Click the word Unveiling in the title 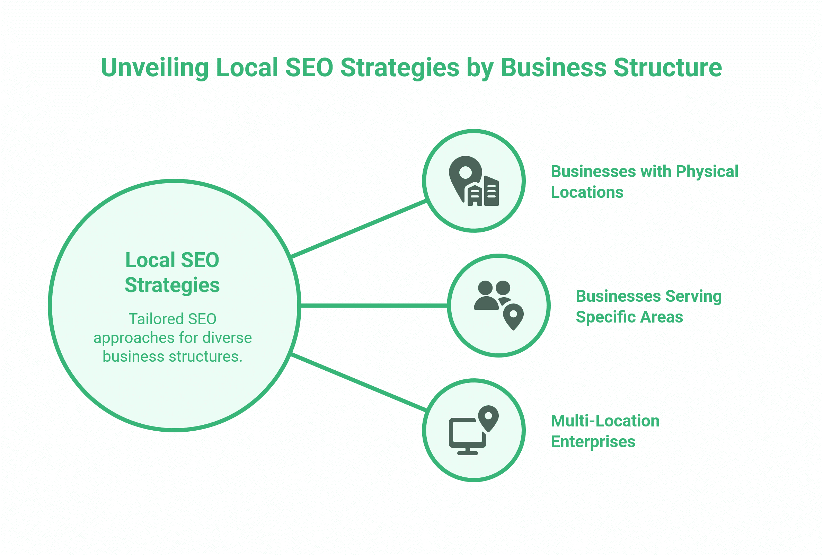[154, 68]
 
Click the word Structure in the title [667, 68]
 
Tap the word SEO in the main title [309, 68]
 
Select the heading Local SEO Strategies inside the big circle [172, 272]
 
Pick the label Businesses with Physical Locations [644, 182]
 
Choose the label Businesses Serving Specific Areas [648, 306]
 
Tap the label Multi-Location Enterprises [605, 431]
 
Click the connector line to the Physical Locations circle [358, 229]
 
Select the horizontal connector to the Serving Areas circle [374, 306]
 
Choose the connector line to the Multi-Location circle [358, 382]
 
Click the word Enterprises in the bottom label [593, 442]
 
